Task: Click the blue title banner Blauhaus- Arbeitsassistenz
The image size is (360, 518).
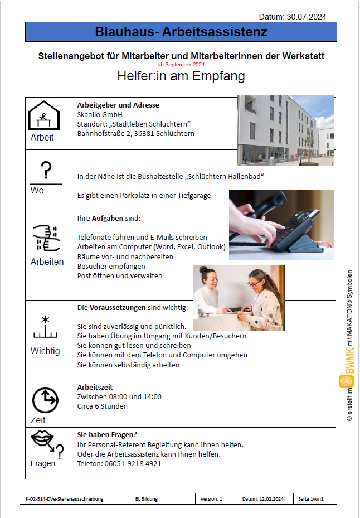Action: tap(181, 32)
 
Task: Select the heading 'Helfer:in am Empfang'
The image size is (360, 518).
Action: tap(181, 76)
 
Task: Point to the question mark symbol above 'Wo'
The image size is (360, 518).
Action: tap(46, 170)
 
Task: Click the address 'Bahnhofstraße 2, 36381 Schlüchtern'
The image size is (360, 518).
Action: tap(135, 134)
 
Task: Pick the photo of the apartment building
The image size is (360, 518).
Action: tap(285, 129)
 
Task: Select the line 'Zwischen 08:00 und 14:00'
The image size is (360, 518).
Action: tap(119, 396)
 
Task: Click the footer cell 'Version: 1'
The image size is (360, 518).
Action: tap(211, 498)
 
